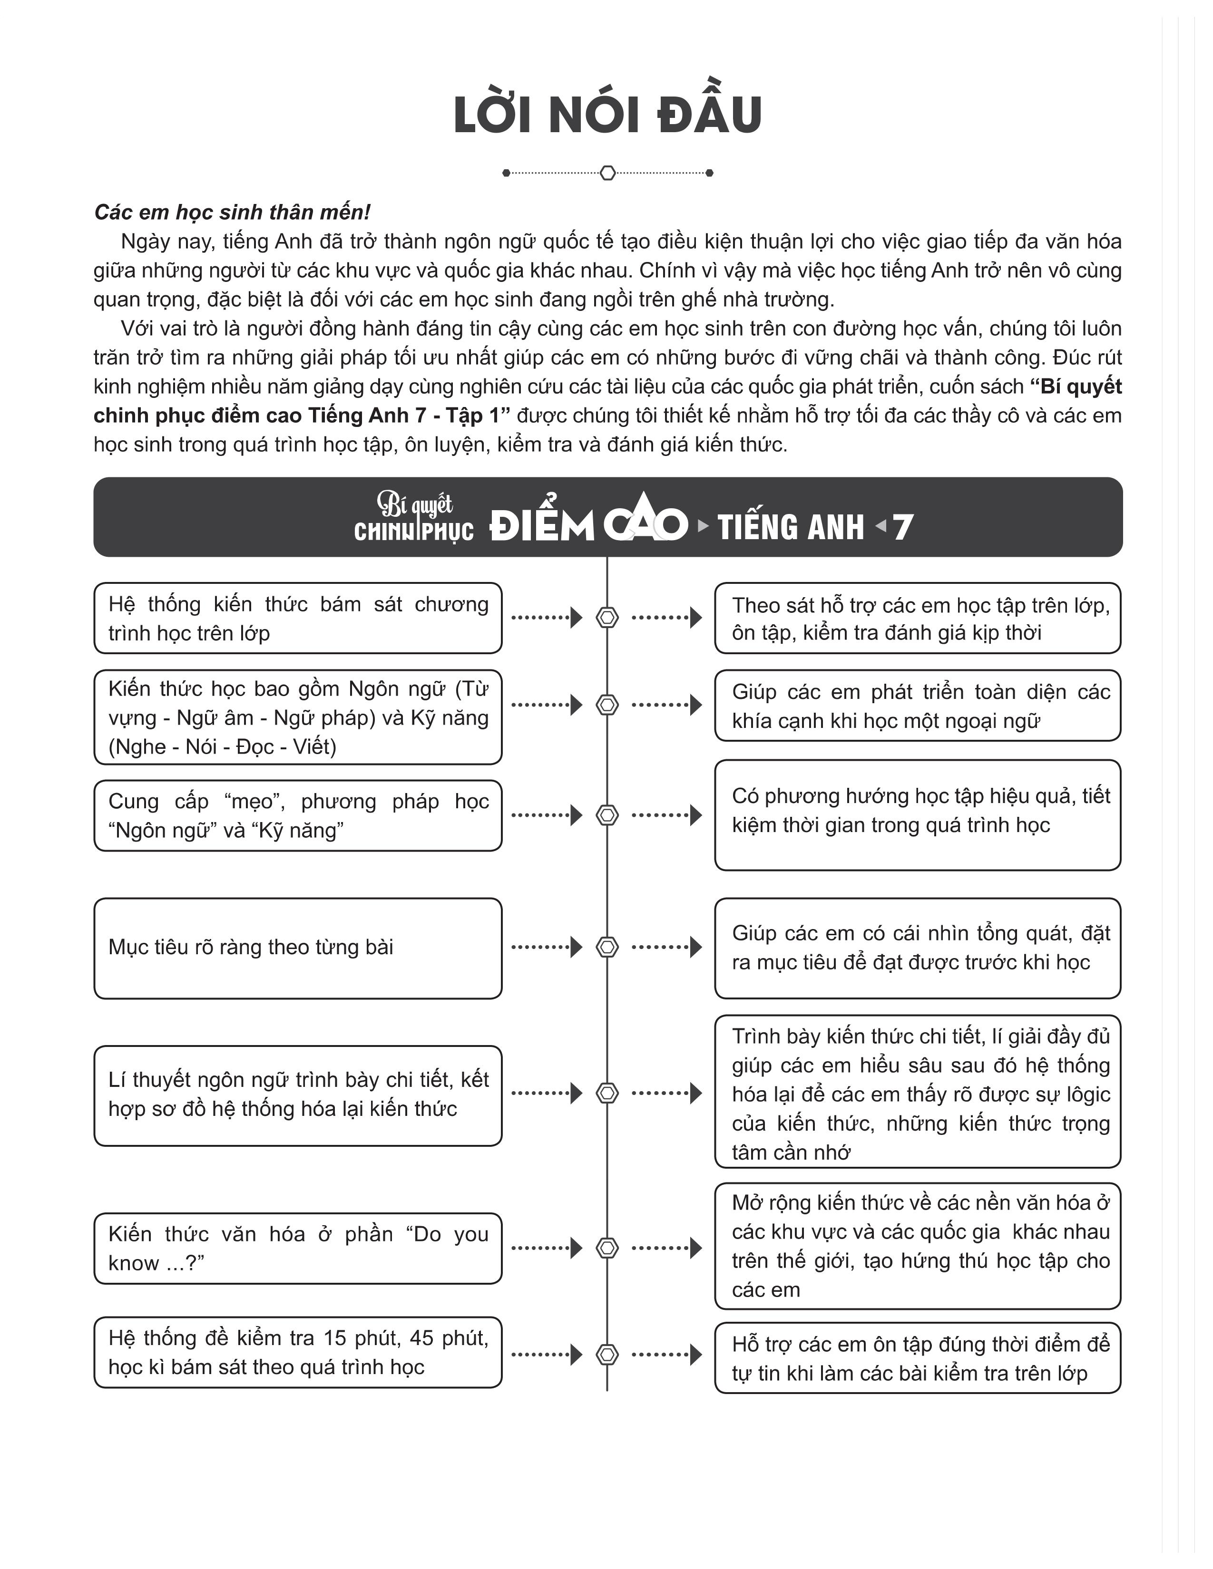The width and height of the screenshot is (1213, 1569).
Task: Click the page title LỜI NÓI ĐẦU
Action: [x=607, y=115]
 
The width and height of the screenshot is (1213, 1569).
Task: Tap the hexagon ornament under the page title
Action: [x=607, y=173]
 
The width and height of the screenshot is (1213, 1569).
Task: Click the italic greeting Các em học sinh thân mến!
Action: [x=232, y=213]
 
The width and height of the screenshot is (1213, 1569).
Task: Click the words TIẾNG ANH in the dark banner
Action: [x=791, y=527]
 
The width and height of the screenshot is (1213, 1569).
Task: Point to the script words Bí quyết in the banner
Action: [x=415, y=505]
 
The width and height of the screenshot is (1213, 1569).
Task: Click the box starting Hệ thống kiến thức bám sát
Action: [x=297, y=618]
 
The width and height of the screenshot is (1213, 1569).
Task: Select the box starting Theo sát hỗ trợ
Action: [x=918, y=618]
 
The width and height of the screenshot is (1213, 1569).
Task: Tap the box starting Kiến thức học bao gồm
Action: [x=297, y=717]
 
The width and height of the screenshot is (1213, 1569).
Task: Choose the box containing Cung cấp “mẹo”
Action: [x=297, y=815]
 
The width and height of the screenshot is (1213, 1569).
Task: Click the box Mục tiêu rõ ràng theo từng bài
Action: [x=297, y=948]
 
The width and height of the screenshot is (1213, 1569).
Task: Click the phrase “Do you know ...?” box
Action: [x=297, y=1248]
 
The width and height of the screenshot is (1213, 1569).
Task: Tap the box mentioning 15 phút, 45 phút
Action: [x=297, y=1352]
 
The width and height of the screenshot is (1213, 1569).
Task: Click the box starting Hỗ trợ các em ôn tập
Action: [x=918, y=1358]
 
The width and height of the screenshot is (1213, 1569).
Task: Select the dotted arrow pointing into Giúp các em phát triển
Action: [x=666, y=705]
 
